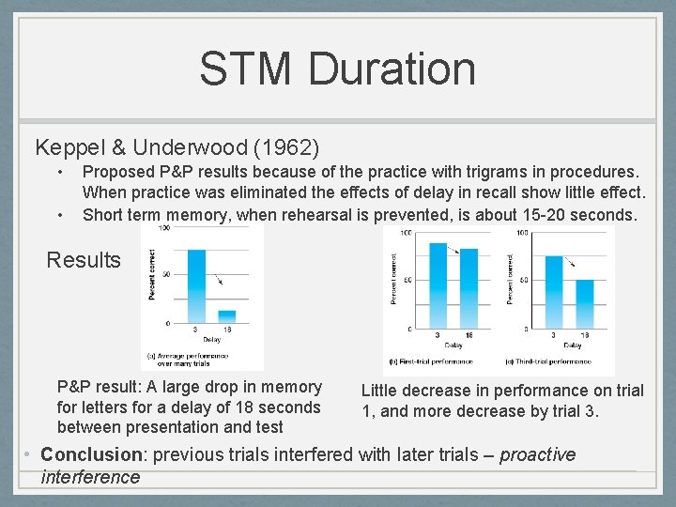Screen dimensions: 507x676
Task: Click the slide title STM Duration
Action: point(337,69)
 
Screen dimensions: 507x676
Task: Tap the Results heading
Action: point(84,259)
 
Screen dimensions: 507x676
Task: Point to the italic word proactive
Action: point(537,454)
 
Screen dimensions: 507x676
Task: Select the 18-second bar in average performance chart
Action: point(226,316)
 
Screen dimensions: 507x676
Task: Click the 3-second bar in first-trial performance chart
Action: point(438,285)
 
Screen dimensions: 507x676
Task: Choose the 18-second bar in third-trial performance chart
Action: point(584,304)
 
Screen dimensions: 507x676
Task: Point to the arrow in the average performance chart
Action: point(216,276)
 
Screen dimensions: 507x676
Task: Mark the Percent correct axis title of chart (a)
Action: point(150,274)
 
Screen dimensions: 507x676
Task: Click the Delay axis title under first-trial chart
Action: point(453,345)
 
